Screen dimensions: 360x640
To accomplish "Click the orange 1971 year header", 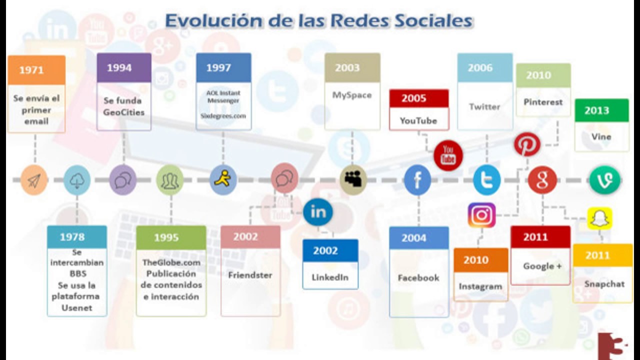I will [x=36, y=70].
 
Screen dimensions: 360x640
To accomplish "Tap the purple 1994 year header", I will [x=124, y=67].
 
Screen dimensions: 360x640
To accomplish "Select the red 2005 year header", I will [x=418, y=98].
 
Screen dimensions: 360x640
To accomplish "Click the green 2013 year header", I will [x=601, y=110].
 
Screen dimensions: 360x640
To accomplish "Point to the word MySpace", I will [x=352, y=95].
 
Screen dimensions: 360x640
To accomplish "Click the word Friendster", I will [x=250, y=275].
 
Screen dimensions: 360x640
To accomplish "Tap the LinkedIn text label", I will [x=330, y=277].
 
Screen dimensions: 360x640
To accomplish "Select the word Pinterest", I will [x=543, y=102].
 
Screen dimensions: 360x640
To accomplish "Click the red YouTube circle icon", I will [x=447, y=155].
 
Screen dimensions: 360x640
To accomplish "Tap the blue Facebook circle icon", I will [x=417, y=180].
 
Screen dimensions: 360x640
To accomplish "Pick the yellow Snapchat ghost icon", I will [x=599, y=218].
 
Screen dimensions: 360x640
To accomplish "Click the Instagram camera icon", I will [x=481, y=215].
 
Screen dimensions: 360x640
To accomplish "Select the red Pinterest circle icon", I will [x=527, y=145].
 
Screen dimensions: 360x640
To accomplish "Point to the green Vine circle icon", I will [x=604, y=180].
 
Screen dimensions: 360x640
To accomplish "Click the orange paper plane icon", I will [x=34, y=180].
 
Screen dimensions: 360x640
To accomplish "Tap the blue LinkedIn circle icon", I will [x=318, y=212].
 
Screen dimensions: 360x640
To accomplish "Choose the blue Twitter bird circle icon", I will [x=486, y=180].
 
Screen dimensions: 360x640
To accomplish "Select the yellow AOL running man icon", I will [x=223, y=179].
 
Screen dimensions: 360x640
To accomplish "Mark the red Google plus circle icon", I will [x=542, y=180].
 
